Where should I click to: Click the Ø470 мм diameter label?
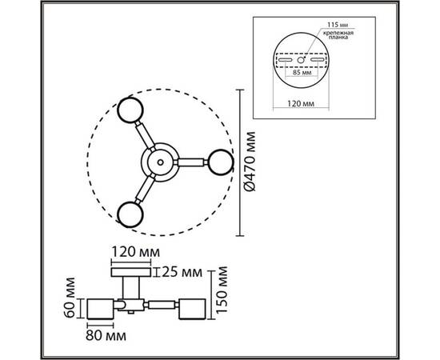(x=250, y=162)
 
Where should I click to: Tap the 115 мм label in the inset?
(x=338, y=25)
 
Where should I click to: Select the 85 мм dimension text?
(x=302, y=73)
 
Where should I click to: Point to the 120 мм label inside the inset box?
(x=301, y=103)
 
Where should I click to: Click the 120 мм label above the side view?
(x=136, y=252)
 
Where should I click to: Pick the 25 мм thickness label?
(x=182, y=272)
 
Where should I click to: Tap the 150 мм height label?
(x=222, y=290)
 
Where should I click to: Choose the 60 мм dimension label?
(x=70, y=298)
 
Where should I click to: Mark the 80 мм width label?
(x=106, y=335)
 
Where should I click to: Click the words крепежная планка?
(x=338, y=35)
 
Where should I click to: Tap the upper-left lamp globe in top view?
(x=130, y=110)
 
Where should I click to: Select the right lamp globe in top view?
(x=220, y=162)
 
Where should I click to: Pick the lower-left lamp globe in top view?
(x=130, y=214)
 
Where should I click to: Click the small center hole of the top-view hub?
(x=160, y=162)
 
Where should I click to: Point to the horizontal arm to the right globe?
(x=191, y=162)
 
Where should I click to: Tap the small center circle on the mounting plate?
(x=301, y=60)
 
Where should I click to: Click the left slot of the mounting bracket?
(x=286, y=60)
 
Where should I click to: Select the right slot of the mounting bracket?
(x=318, y=60)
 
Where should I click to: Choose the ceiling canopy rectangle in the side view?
(x=131, y=272)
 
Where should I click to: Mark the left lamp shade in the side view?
(x=101, y=309)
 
